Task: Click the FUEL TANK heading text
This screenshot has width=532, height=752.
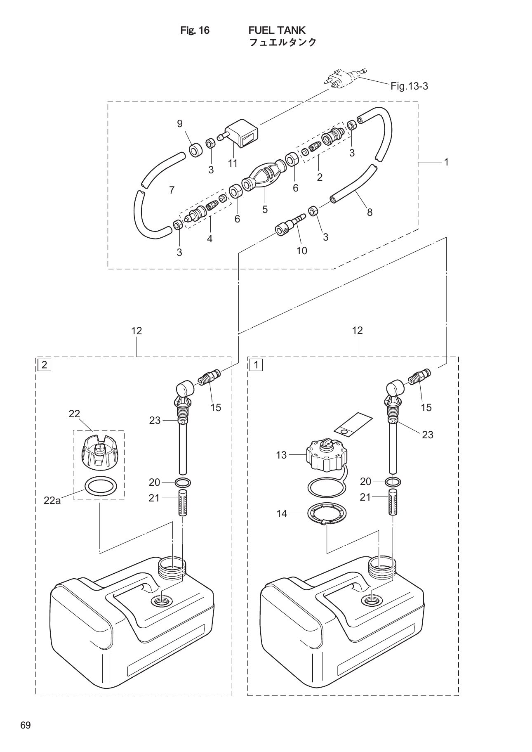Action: [277, 30]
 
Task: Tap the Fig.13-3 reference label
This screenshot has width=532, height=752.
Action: [409, 86]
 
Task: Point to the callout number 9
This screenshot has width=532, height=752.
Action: [180, 124]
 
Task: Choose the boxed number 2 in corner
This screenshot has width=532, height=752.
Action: [44, 365]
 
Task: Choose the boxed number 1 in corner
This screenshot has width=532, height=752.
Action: [256, 365]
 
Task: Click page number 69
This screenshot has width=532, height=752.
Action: [26, 726]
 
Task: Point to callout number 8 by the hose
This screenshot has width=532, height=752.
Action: [370, 212]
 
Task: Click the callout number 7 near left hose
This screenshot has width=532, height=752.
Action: [172, 190]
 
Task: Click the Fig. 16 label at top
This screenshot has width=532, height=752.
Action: [195, 31]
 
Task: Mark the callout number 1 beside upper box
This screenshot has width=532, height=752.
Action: [446, 163]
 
